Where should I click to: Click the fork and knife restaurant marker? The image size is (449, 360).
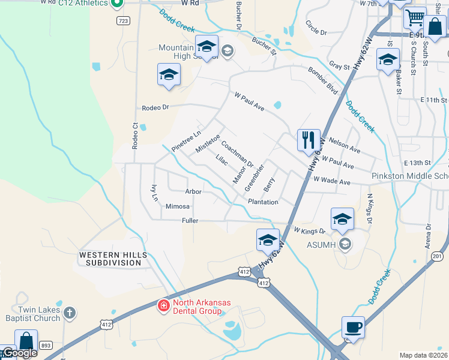309,140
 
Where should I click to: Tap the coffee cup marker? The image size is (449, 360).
354,328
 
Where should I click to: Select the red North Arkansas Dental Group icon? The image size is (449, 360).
163,307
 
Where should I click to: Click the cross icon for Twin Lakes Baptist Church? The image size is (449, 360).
70,313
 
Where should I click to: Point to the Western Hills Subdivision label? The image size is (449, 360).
113,259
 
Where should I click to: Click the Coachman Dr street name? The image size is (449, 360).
238,155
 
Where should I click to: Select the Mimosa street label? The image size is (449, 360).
178,206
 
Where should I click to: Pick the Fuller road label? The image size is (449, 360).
190,221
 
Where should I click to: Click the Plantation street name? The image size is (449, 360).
263,202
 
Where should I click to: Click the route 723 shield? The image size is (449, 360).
123,20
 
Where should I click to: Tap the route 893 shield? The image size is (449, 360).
45,345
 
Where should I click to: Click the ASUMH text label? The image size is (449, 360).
318,243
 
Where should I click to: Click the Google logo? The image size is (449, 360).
19,353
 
